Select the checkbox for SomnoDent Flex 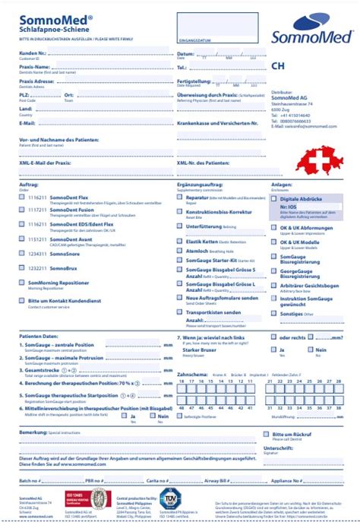pyautogui.click(x=21, y=197)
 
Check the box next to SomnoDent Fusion pyautogui.click(x=21, y=209)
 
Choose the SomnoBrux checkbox pyautogui.click(x=21, y=268)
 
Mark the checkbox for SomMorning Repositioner pyautogui.click(x=21, y=282)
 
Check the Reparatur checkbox pyautogui.click(x=180, y=197)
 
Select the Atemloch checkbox pyautogui.click(x=180, y=250)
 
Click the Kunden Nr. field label pyautogui.click(x=33, y=54)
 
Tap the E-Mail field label pyautogui.click(x=27, y=122)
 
